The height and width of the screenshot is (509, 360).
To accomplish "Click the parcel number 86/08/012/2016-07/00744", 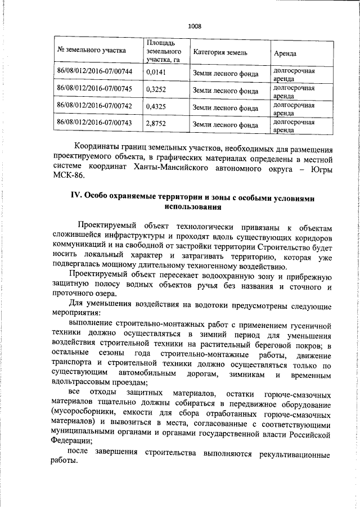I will coord(94,71).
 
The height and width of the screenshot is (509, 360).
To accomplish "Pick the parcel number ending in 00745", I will coord(94,88).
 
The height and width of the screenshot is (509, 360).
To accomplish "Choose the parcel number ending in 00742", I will coord(94,105).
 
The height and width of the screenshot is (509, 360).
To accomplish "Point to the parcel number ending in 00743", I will coord(94,122).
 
